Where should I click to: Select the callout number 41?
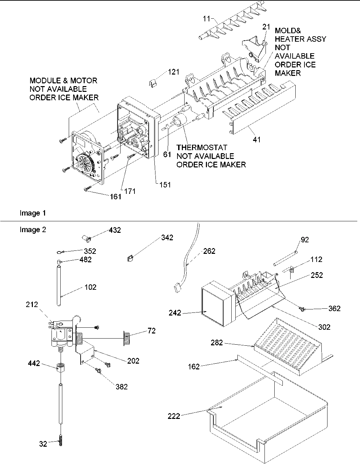257,139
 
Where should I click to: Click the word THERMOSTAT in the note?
202,148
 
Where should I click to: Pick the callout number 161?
115,197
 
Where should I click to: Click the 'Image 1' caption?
33,213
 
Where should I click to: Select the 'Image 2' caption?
33,230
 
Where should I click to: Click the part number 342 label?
167,238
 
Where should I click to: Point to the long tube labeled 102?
59,286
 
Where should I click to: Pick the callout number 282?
217,343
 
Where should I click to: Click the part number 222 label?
174,416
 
